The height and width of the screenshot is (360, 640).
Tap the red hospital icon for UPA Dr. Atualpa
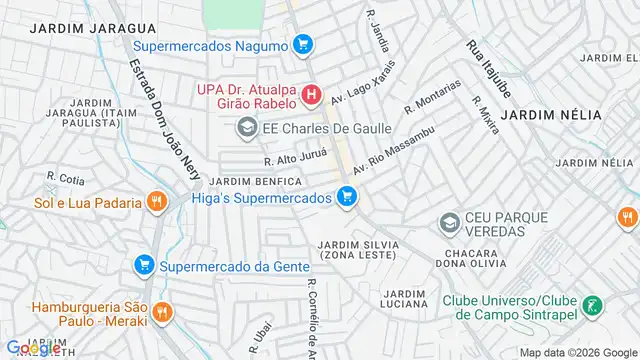(x=311, y=96)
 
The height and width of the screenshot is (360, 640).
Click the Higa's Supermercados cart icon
(x=347, y=198)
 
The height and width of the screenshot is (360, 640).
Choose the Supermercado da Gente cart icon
(x=144, y=266)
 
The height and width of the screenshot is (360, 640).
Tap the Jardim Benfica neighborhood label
(x=256, y=181)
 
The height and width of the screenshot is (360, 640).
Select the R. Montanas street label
(x=434, y=97)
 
